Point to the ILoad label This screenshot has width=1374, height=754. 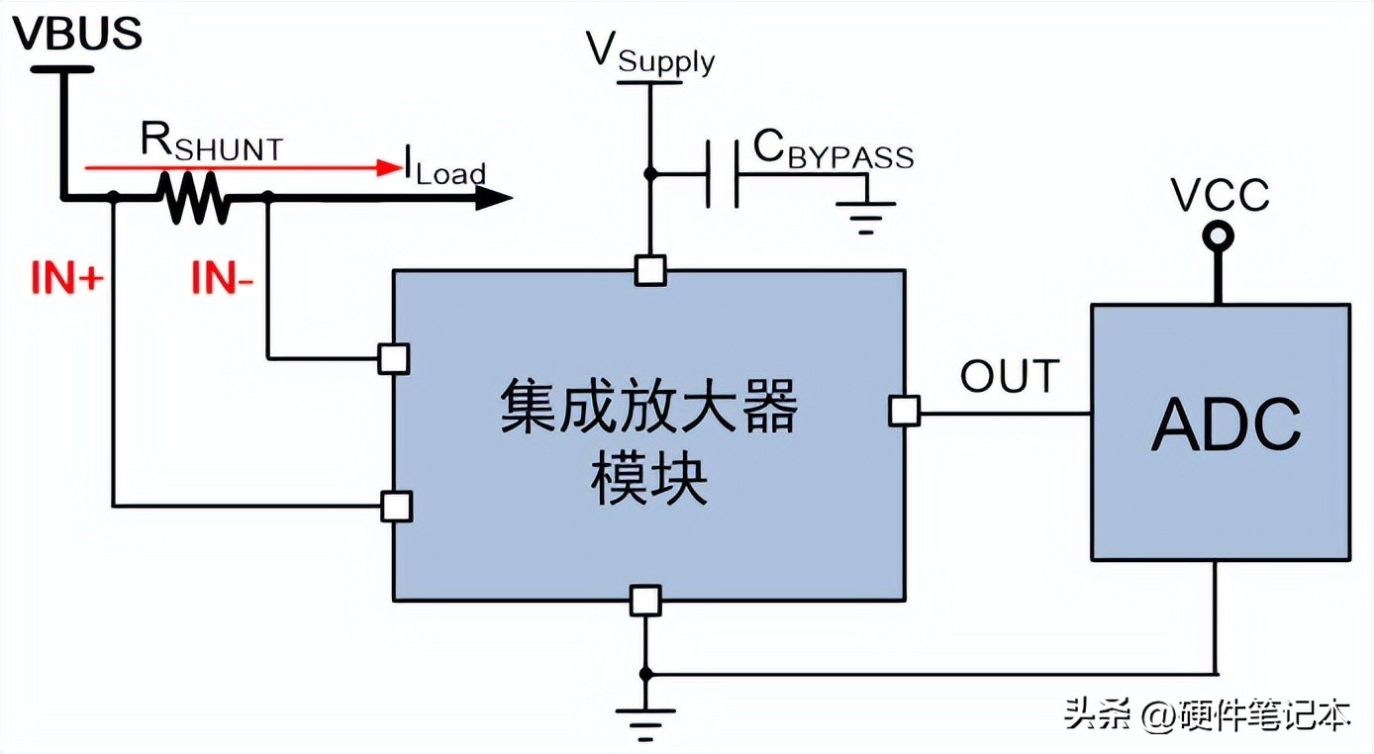coord(443,168)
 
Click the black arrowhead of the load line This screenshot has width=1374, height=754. coord(495,198)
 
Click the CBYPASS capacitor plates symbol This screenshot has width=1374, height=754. coord(723,174)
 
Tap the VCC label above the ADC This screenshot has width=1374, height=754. coord(1220,195)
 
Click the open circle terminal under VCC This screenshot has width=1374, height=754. coord(1219,236)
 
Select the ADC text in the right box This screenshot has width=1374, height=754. coord(1226,426)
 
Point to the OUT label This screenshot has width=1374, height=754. coord(1009,376)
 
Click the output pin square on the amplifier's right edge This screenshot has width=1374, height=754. coord(904,411)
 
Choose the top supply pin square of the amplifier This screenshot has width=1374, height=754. coord(650,270)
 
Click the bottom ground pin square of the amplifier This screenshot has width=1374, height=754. coord(645,601)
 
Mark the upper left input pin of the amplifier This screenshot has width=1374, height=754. coord(394,358)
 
